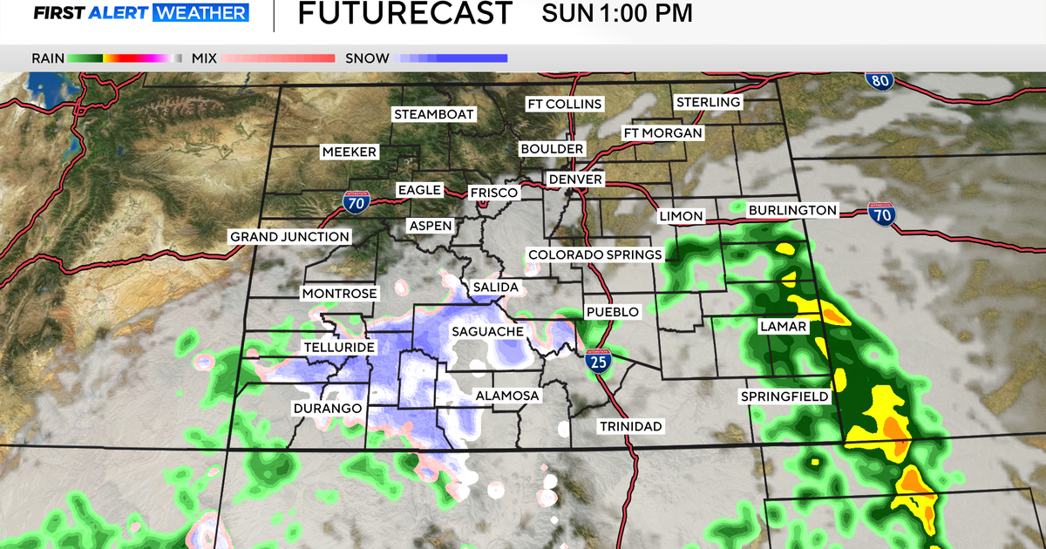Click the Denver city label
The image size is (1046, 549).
(x=575, y=180)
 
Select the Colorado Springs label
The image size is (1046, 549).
(x=594, y=254)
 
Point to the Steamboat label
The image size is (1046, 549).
(x=433, y=114)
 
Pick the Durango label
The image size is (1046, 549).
(x=327, y=408)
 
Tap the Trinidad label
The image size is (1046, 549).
(x=630, y=426)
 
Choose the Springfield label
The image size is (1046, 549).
(x=784, y=396)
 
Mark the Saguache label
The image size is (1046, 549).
(x=486, y=331)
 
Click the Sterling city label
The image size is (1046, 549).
(x=708, y=102)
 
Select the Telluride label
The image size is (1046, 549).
(x=338, y=348)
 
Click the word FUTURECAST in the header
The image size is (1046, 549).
(x=404, y=14)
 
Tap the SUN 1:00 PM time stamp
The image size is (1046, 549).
(x=617, y=14)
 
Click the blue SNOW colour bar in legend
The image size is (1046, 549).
(x=452, y=58)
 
